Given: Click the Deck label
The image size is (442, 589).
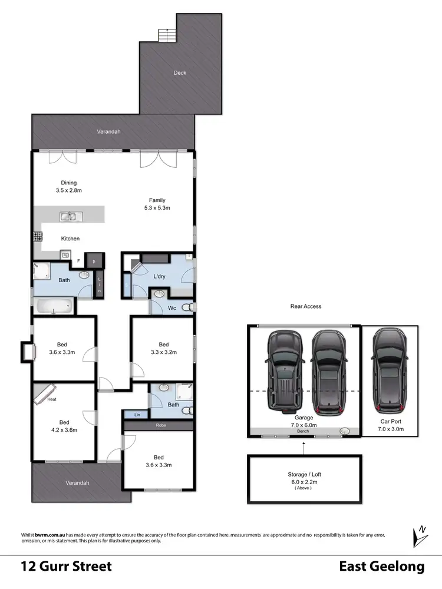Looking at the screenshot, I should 180,73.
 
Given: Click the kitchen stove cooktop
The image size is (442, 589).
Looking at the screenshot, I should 37,237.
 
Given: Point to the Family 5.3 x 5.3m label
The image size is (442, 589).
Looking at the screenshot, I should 157,204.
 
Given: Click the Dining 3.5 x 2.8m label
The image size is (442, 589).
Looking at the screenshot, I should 69,186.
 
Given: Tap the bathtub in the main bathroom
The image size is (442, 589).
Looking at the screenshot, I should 54,306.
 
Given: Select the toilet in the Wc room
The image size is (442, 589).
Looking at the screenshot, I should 187,307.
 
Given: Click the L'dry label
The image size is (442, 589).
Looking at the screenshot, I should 159,276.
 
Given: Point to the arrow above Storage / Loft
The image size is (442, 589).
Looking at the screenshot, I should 304,448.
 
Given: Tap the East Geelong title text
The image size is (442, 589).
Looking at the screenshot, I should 381,567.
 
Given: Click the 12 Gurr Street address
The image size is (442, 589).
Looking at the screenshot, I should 66,567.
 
